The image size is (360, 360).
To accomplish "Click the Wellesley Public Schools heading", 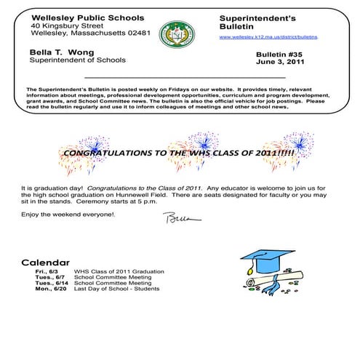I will tap(87, 17).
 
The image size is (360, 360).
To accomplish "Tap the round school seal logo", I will tap(173, 33).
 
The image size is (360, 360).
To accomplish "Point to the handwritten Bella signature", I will tap(177, 217).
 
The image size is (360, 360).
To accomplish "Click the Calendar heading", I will tap(45, 262).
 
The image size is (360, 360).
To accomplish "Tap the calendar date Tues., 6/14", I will tap(50, 283).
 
